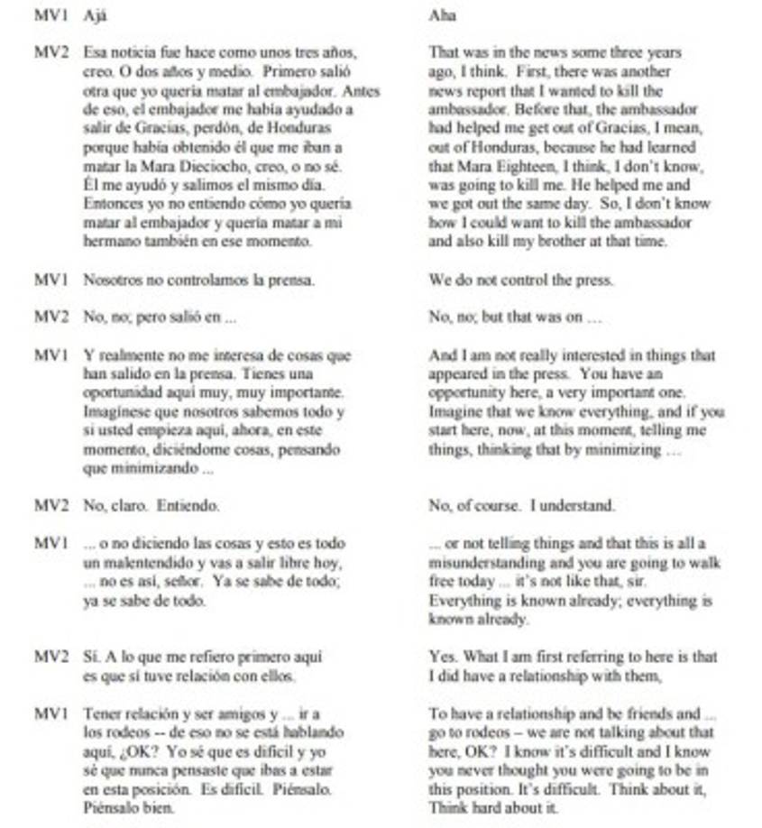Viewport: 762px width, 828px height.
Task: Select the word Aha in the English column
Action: [x=442, y=16]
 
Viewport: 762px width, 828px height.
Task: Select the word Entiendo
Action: [x=188, y=506]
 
